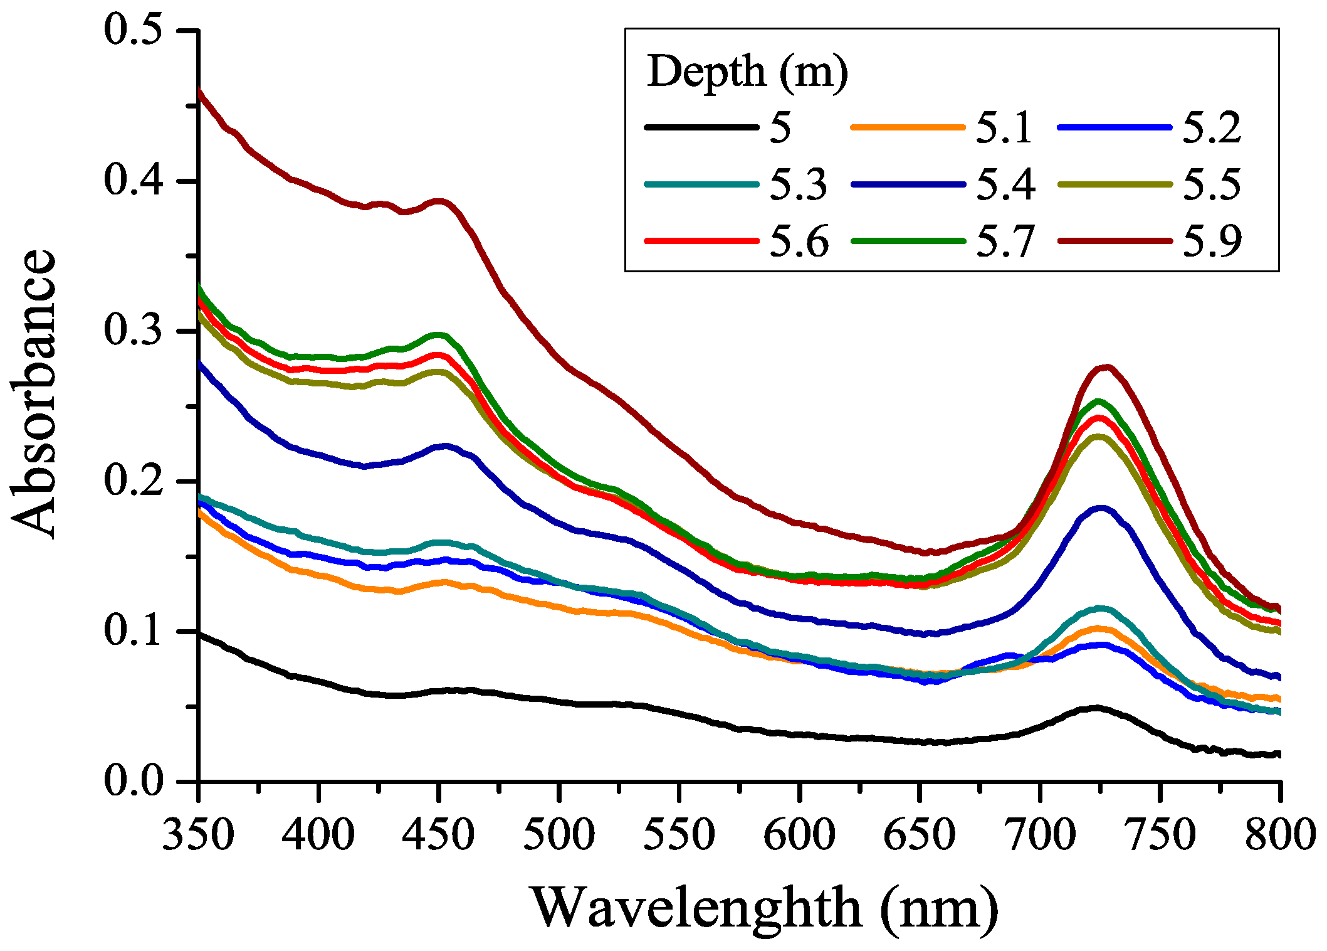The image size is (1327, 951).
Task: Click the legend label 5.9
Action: point(1212,242)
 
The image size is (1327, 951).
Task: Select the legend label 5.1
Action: point(1004,128)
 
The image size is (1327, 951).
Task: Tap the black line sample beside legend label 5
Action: point(701,128)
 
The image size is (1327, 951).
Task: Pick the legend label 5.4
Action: point(1005,184)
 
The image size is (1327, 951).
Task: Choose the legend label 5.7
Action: point(1005,242)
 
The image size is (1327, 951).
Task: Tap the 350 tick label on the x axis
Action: point(198,836)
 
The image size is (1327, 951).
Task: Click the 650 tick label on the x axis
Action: point(919,836)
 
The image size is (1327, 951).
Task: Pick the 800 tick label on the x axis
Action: point(1279,836)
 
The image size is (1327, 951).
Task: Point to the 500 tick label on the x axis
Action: point(559,836)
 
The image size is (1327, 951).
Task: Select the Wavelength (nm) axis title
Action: point(765,909)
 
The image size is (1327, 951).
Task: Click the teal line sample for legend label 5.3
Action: point(701,184)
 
